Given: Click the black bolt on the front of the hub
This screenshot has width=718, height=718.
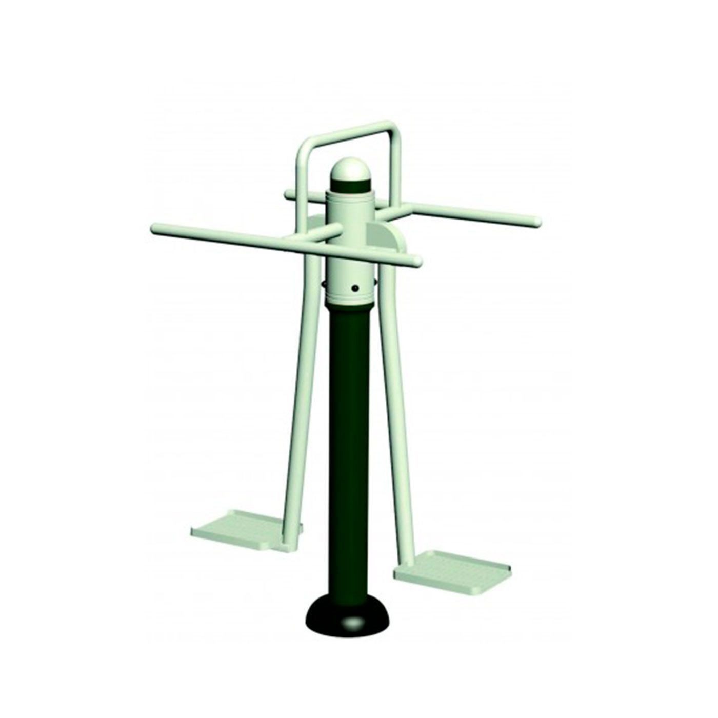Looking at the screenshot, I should click(x=354, y=289).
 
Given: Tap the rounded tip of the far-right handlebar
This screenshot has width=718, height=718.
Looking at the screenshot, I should click(x=537, y=222).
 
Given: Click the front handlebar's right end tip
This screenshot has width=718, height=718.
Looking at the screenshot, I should click(x=417, y=262).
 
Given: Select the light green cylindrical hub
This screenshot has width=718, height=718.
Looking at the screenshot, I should click(x=350, y=241).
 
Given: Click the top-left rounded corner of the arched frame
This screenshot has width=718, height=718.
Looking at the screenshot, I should click(x=304, y=146).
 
